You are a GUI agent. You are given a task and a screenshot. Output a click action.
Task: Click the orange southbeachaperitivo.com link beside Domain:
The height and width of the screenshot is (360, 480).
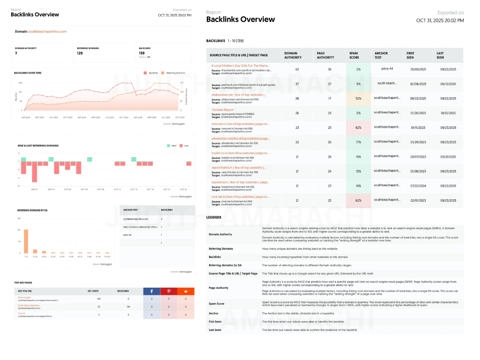(48, 31)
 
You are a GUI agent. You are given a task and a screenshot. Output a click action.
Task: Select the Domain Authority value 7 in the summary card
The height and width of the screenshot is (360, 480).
(16, 53)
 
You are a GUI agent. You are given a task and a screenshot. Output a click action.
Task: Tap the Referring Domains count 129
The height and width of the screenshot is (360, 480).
(80, 53)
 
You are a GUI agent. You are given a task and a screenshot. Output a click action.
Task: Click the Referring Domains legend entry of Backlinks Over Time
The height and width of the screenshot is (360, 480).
(173, 73)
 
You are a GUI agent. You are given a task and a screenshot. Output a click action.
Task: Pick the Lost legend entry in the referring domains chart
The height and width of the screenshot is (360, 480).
(184, 146)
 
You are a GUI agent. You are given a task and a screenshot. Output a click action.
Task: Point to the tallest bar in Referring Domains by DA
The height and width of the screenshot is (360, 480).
(26, 241)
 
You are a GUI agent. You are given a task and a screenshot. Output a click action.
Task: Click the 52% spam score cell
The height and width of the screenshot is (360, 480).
(358, 98)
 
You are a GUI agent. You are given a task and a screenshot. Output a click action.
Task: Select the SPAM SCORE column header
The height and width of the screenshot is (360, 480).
(354, 55)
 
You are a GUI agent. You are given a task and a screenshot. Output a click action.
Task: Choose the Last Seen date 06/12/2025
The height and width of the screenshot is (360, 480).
(448, 84)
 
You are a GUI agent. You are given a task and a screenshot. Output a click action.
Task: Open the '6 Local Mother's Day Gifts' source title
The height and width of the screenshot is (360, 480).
(240, 65)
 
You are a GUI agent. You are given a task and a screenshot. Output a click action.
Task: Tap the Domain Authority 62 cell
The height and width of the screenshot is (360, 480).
(297, 69)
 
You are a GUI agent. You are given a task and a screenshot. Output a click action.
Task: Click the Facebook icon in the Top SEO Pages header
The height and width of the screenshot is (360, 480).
(152, 292)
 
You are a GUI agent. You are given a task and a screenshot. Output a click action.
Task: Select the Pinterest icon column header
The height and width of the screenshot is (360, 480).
(169, 292)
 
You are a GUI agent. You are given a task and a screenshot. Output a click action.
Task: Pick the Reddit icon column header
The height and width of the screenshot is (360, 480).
(186, 292)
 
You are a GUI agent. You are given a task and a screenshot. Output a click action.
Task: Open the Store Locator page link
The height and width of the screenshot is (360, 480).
(24, 298)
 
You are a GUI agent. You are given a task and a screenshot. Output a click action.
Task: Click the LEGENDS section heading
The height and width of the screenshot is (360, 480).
(214, 217)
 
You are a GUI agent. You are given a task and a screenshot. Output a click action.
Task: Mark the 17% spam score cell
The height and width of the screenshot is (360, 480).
(358, 142)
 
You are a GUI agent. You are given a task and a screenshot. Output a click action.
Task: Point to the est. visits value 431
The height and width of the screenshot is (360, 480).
(98, 299)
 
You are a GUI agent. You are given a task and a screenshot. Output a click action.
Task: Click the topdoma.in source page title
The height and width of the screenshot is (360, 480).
(240, 182)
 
